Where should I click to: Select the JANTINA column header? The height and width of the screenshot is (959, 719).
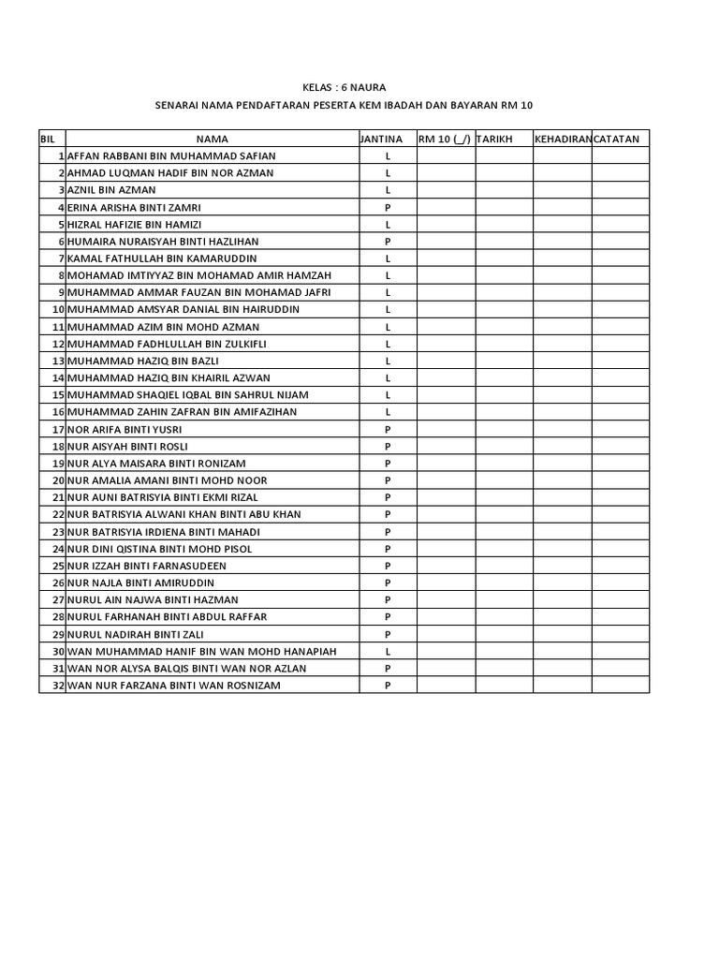pos(381,140)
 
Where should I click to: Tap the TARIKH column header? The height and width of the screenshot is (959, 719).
pos(494,140)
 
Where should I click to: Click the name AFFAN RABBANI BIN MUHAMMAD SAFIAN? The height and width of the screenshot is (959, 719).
pos(171,155)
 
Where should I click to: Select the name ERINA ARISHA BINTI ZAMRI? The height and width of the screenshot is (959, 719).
pos(134,207)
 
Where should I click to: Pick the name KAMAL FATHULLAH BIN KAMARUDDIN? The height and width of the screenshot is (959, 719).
pos(162,258)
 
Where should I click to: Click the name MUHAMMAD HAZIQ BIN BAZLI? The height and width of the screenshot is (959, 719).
pos(142,361)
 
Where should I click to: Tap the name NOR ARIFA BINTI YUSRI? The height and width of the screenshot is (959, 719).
pos(125,429)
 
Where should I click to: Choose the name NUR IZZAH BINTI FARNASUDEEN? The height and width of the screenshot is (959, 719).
pos(146,566)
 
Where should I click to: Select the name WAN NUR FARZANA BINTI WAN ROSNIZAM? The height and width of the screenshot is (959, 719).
pos(173,686)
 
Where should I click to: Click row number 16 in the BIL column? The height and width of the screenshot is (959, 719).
pos(58,412)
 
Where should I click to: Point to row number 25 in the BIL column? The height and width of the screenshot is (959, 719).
pos(58,566)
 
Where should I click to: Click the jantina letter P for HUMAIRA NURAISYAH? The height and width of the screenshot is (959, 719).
pos(388,242)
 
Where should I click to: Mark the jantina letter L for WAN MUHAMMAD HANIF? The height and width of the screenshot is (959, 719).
pos(388,651)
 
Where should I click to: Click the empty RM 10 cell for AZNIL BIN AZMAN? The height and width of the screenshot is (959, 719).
pos(446,190)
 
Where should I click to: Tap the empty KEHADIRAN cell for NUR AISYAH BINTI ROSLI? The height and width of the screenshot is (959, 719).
pos(562,446)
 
